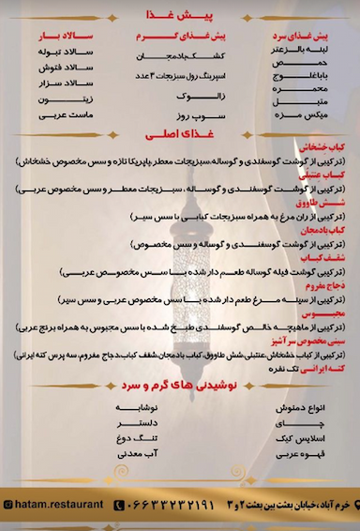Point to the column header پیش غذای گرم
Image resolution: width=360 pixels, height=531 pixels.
coord(179,37)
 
